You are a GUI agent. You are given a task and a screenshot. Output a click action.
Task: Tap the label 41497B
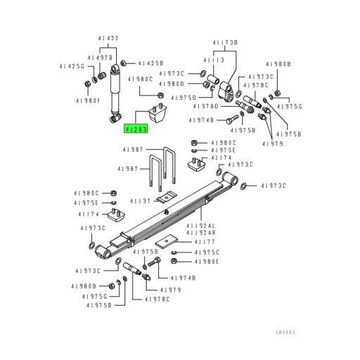click(100, 57)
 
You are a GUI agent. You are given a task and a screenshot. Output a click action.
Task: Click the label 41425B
click(150, 63)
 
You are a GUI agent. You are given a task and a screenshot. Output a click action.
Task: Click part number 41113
click(214, 60)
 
